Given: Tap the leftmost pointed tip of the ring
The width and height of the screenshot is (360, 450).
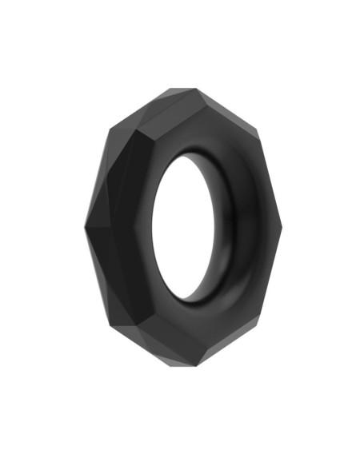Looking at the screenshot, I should click(84, 226).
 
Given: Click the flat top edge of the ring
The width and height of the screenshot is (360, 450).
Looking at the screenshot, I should click(183, 89).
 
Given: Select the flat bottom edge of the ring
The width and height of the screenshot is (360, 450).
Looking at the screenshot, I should click(184, 364).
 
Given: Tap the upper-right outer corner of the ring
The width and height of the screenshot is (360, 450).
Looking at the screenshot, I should click(254, 136).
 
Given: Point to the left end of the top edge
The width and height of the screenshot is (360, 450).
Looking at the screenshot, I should click(170, 89).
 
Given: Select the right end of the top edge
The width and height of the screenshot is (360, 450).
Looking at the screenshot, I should click(197, 89).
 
